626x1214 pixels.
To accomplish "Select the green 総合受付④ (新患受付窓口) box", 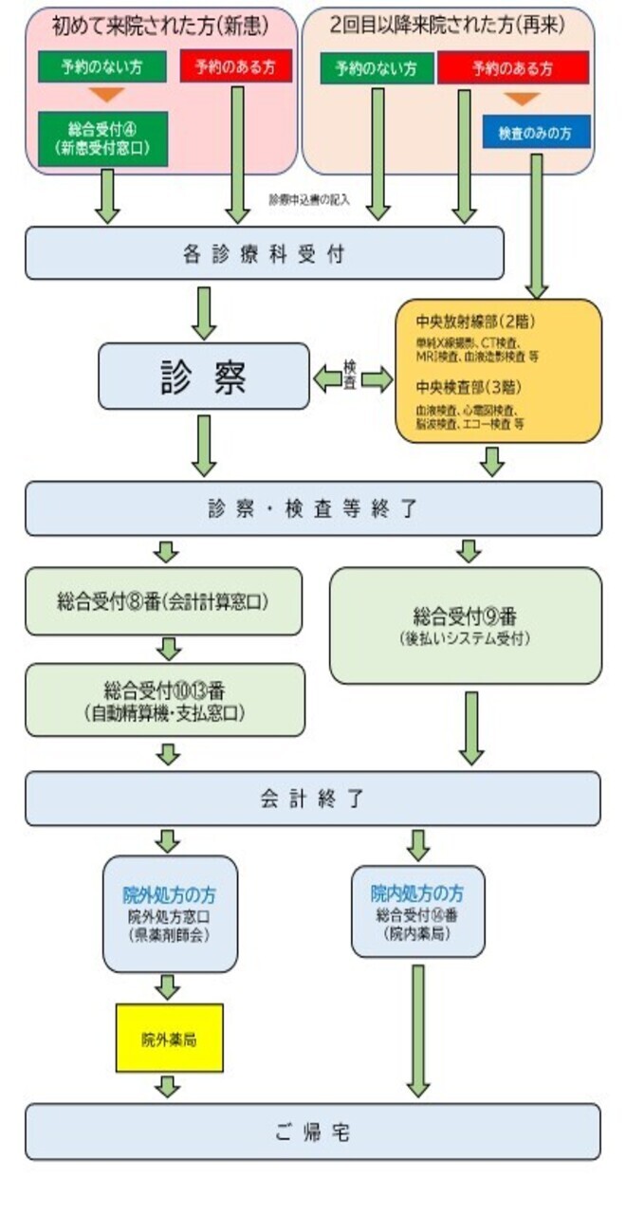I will click(x=103, y=139).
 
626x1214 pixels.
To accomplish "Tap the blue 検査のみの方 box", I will click(x=536, y=132).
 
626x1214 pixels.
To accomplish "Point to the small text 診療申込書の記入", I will click(x=310, y=200).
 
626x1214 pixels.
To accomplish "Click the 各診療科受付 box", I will click(x=264, y=254).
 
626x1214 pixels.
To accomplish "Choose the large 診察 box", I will click(x=204, y=377).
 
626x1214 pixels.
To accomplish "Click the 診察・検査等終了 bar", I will click(x=313, y=508).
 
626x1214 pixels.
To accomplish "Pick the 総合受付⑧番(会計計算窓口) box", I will click(x=164, y=601).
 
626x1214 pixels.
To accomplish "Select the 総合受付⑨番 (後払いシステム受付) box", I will click(x=465, y=625).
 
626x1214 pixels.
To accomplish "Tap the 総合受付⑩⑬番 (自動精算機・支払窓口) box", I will click(x=165, y=700).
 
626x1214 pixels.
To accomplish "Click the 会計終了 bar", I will click(x=313, y=799).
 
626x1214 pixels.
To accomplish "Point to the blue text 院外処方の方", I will click(x=170, y=895).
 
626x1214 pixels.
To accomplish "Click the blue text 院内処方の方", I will click(x=417, y=893).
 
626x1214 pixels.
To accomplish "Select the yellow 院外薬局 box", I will click(x=169, y=1039).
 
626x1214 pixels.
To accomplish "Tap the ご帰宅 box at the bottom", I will click(x=313, y=1131).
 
